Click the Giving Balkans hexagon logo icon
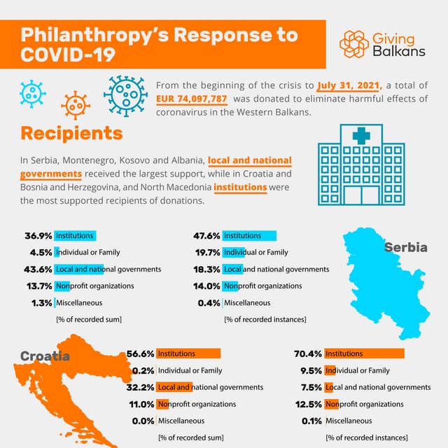click(354, 43)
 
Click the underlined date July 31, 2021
click(348, 86)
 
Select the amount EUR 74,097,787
click(197, 99)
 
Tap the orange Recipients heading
click(71, 132)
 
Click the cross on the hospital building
click(362, 136)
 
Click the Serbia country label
click(405, 247)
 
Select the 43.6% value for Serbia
click(38, 269)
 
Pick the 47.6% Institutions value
click(207, 236)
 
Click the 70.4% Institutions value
click(308, 353)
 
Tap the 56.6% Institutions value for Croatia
click(140, 353)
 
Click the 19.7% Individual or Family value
click(207, 253)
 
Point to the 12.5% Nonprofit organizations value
click(308, 404)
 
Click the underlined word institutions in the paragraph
click(240, 187)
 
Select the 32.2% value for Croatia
click(140, 387)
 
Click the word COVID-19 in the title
click(67, 55)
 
